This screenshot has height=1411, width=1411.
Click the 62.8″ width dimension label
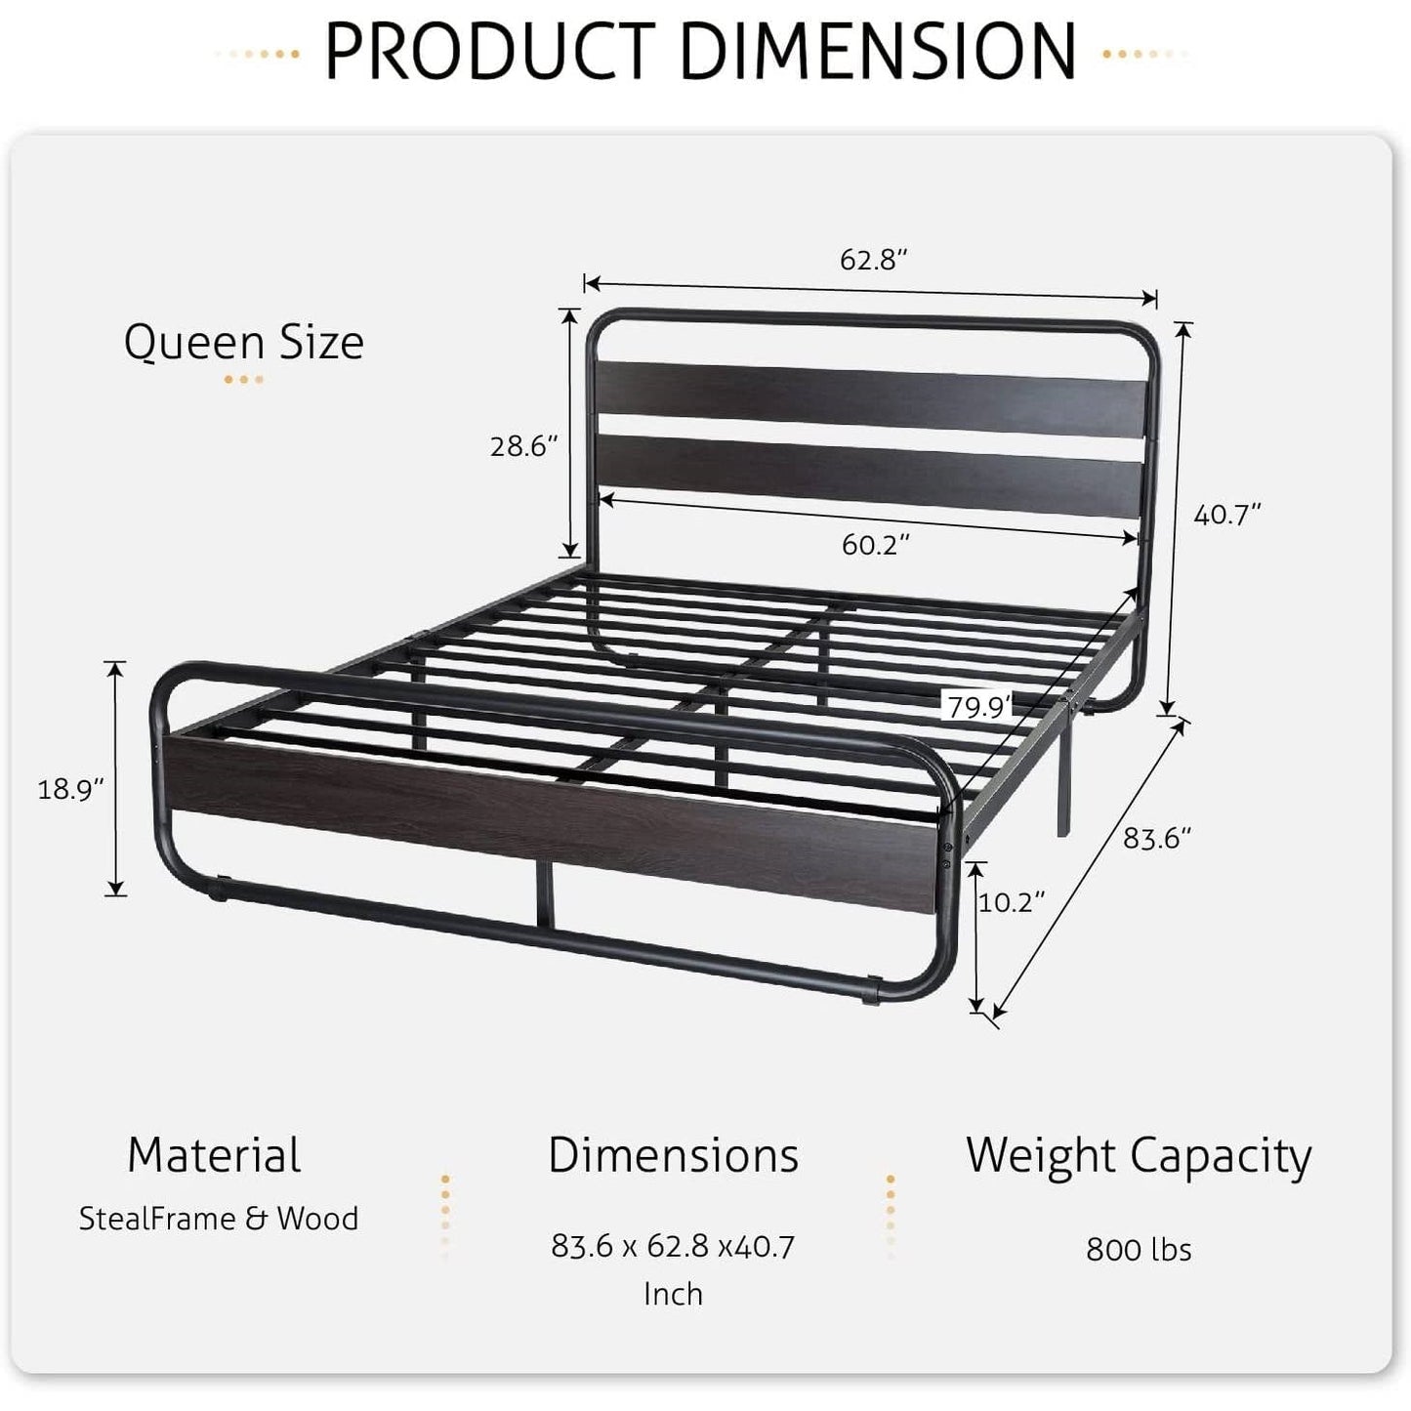[x=874, y=260]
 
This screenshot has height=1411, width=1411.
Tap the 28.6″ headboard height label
[x=523, y=446]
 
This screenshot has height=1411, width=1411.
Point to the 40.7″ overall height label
[x=1227, y=514]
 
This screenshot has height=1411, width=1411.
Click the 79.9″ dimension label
[x=978, y=706]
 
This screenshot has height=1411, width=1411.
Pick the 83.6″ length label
[x=1156, y=838]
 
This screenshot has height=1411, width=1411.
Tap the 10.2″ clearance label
[x=1012, y=901]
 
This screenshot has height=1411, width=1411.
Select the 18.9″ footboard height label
[x=70, y=789]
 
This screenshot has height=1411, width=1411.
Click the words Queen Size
[x=244, y=343]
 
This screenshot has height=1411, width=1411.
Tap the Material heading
[x=214, y=1155]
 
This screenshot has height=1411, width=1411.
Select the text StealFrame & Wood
[x=219, y=1219]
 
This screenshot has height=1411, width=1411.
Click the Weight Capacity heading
[x=1139, y=1155]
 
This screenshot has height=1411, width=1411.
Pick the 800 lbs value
[x=1139, y=1249]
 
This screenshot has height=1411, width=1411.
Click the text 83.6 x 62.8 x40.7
[x=673, y=1246]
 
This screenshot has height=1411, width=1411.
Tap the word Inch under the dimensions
[x=673, y=1294]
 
